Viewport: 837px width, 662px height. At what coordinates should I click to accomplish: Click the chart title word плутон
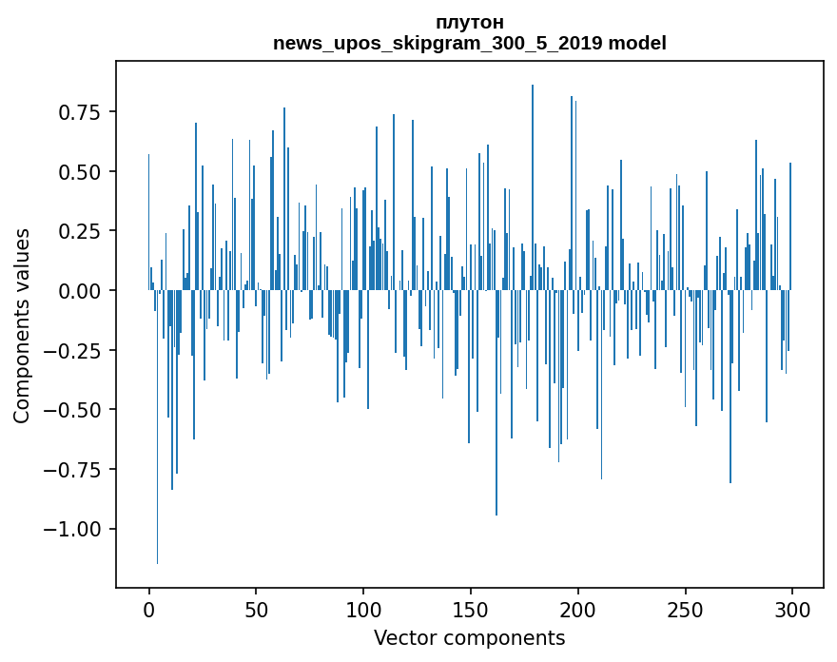click(x=469, y=22)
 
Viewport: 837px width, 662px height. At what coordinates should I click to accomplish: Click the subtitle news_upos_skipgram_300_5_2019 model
click(x=469, y=43)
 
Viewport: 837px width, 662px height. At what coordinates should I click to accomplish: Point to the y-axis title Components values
click(x=21, y=325)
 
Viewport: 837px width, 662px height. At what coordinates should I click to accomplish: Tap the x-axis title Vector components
click(x=469, y=638)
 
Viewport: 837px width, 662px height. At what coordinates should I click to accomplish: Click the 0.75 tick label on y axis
click(x=79, y=112)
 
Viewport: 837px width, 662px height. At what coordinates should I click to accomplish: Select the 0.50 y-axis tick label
click(x=79, y=172)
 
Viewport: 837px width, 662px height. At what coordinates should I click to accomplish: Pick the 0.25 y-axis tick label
click(x=79, y=231)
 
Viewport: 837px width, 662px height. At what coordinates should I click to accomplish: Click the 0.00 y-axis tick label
click(x=79, y=291)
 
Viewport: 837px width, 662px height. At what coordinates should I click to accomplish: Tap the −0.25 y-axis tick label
click(x=72, y=350)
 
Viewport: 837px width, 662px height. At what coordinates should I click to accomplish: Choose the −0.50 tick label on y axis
click(x=72, y=410)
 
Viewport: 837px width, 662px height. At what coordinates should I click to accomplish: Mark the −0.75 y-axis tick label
click(x=72, y=469)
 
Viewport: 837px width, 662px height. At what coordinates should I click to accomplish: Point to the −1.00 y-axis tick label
click(x=72, y=529)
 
